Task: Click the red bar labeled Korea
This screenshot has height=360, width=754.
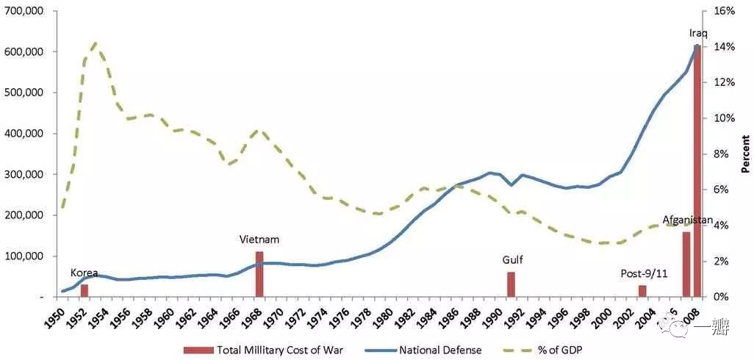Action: [x=85, y=290]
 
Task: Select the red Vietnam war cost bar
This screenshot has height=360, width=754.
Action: [x=259, y=274]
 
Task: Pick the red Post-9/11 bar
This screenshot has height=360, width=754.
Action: [x=642, y=291]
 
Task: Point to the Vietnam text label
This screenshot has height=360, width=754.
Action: [x=259, y=240]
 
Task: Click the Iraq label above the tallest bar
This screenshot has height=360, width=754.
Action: [x=698, y=33]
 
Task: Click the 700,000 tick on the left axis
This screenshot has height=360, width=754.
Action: [x=24, y=11]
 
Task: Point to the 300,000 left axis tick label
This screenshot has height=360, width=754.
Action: [x=24, y=175]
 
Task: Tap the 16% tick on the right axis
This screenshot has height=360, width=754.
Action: [x=725, y=11]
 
